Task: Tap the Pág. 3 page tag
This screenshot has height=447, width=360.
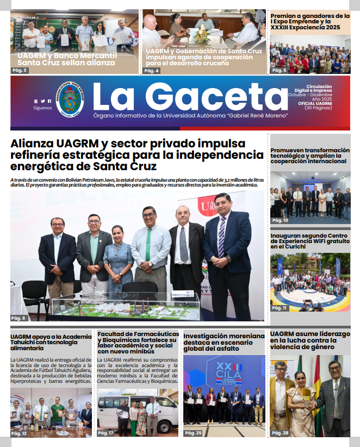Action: (20, 70)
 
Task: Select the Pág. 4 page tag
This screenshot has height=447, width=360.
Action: (152, 71)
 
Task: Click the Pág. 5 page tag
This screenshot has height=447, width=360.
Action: (279, 71)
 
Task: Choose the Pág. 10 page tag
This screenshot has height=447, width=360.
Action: (280, 220)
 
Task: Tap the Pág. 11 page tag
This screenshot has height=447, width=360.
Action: (280, 308)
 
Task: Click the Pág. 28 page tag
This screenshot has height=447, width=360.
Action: (280, 433)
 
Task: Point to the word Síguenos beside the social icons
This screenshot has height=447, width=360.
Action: (42, 108)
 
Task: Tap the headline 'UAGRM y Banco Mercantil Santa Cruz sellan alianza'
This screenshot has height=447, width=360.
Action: (66, 59)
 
